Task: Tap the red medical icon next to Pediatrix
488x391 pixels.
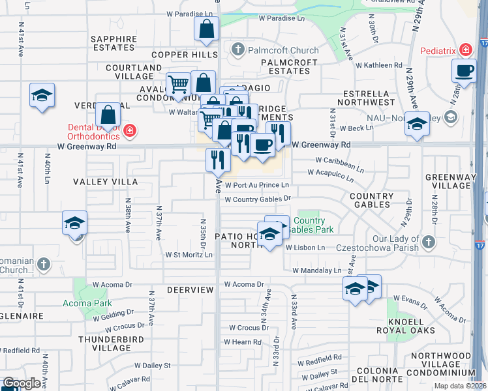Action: point(465,50)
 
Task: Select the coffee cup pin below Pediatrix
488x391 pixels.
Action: point(465,70)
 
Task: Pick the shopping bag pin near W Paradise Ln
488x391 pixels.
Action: point(206,29)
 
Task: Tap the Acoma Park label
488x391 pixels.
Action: point(87,303)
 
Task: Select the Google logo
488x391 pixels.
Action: point(22,383)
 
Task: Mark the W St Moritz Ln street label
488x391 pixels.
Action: point(189,255)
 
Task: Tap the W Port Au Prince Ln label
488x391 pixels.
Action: point(256,185)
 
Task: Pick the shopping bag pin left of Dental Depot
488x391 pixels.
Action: point(109,115)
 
